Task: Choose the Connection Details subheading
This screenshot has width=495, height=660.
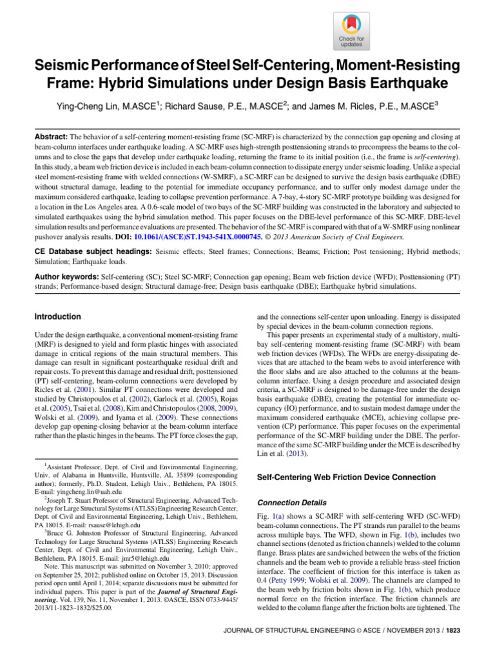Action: pos(291,501)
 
